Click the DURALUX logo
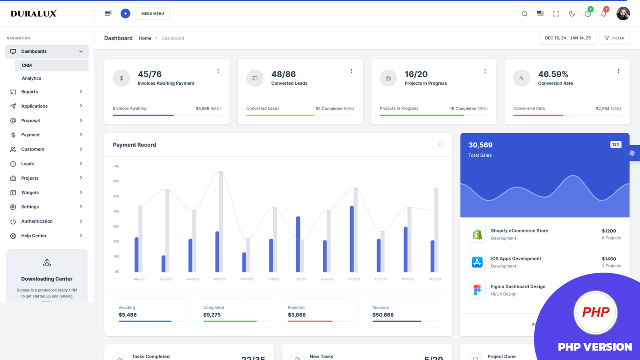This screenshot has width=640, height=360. [34, 14]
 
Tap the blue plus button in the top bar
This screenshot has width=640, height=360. [125, 14]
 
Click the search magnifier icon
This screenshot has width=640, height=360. [524, 14]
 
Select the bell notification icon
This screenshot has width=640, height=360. [604, 14]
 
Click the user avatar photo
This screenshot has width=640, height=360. [623, 14]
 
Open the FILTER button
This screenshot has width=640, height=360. [614, 38]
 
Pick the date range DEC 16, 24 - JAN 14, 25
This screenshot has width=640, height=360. [568, 38]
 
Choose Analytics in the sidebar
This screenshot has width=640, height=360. [32, 78]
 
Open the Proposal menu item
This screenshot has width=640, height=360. [30, 120]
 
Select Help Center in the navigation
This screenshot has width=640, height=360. [34, 236]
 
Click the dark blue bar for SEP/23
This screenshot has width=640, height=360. [352, 239]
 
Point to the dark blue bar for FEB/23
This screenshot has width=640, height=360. [163, 264]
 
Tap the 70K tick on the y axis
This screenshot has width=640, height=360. [116, 166]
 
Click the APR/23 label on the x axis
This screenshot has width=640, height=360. [220, 279]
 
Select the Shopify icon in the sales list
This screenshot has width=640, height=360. [477, 234]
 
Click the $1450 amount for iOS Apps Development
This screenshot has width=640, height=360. [609, 259]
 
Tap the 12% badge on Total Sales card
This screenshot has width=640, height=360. [616, 144]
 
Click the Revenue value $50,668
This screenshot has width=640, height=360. [383, 315]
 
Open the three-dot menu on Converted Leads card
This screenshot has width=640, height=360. [352, 71]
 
